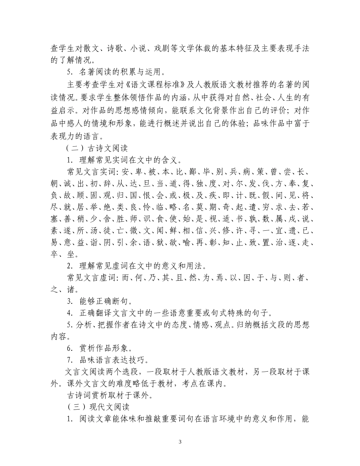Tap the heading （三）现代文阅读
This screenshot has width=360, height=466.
click(98, 407)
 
